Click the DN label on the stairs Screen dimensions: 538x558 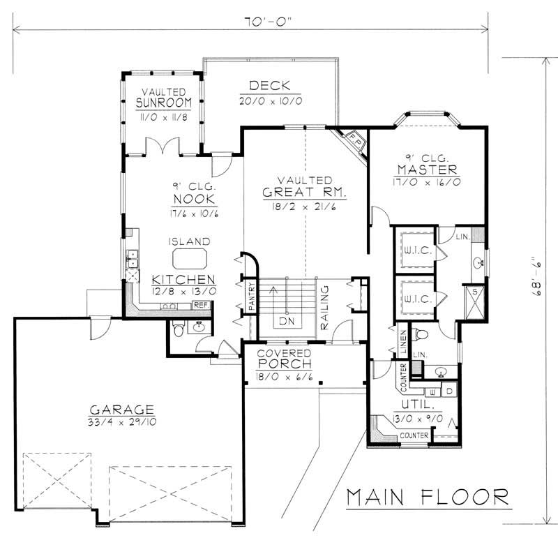click(x=286, y=322)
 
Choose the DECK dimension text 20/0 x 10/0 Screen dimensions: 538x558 click(x=269, y=100)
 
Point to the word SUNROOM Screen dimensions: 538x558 click(x=164, y=105)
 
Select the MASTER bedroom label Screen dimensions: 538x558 click(x=426, y=170)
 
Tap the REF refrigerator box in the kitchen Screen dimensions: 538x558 click(x=201, y=306)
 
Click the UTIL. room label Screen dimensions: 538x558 click(x=414, y=404)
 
